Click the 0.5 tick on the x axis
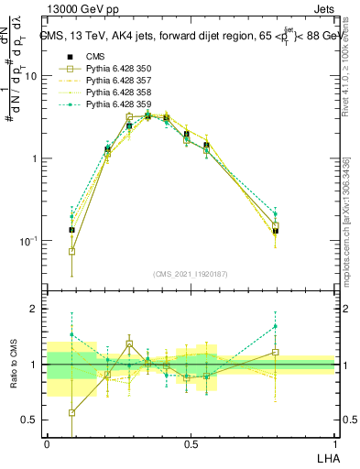[191, 444]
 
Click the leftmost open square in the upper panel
[71, 251]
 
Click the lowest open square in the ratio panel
[71, 413]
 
